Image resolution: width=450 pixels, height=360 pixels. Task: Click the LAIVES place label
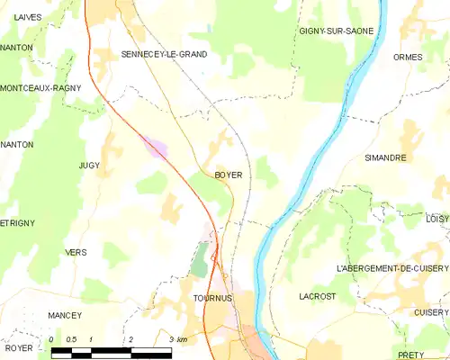[x=28, y=18]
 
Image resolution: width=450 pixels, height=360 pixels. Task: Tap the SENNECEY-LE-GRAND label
[x=164, y=54]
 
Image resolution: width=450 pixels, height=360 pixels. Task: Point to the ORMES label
[x=408, y=57]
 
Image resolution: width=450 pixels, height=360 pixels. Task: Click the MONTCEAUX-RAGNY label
[x=40, y=88]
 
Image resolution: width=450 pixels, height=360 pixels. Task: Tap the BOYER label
[x=228, y=175]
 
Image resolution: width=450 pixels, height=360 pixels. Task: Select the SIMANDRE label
[x=385, y=157]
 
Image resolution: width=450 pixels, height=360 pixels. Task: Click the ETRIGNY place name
[x=17, y=222]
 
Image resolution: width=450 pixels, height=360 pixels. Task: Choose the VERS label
[x=76, y=253]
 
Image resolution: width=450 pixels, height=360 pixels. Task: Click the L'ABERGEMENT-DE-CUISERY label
[x=391, y=268]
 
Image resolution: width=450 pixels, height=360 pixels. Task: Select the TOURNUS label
[x=212, y=297]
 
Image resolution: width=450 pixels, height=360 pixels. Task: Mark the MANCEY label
[x=65, y=315]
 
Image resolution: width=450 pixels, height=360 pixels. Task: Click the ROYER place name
[x=18, y=347]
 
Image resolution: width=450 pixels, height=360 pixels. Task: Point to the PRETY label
[x=409, y=355]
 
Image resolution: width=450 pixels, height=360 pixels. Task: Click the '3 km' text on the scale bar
[x=177, y=339]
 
